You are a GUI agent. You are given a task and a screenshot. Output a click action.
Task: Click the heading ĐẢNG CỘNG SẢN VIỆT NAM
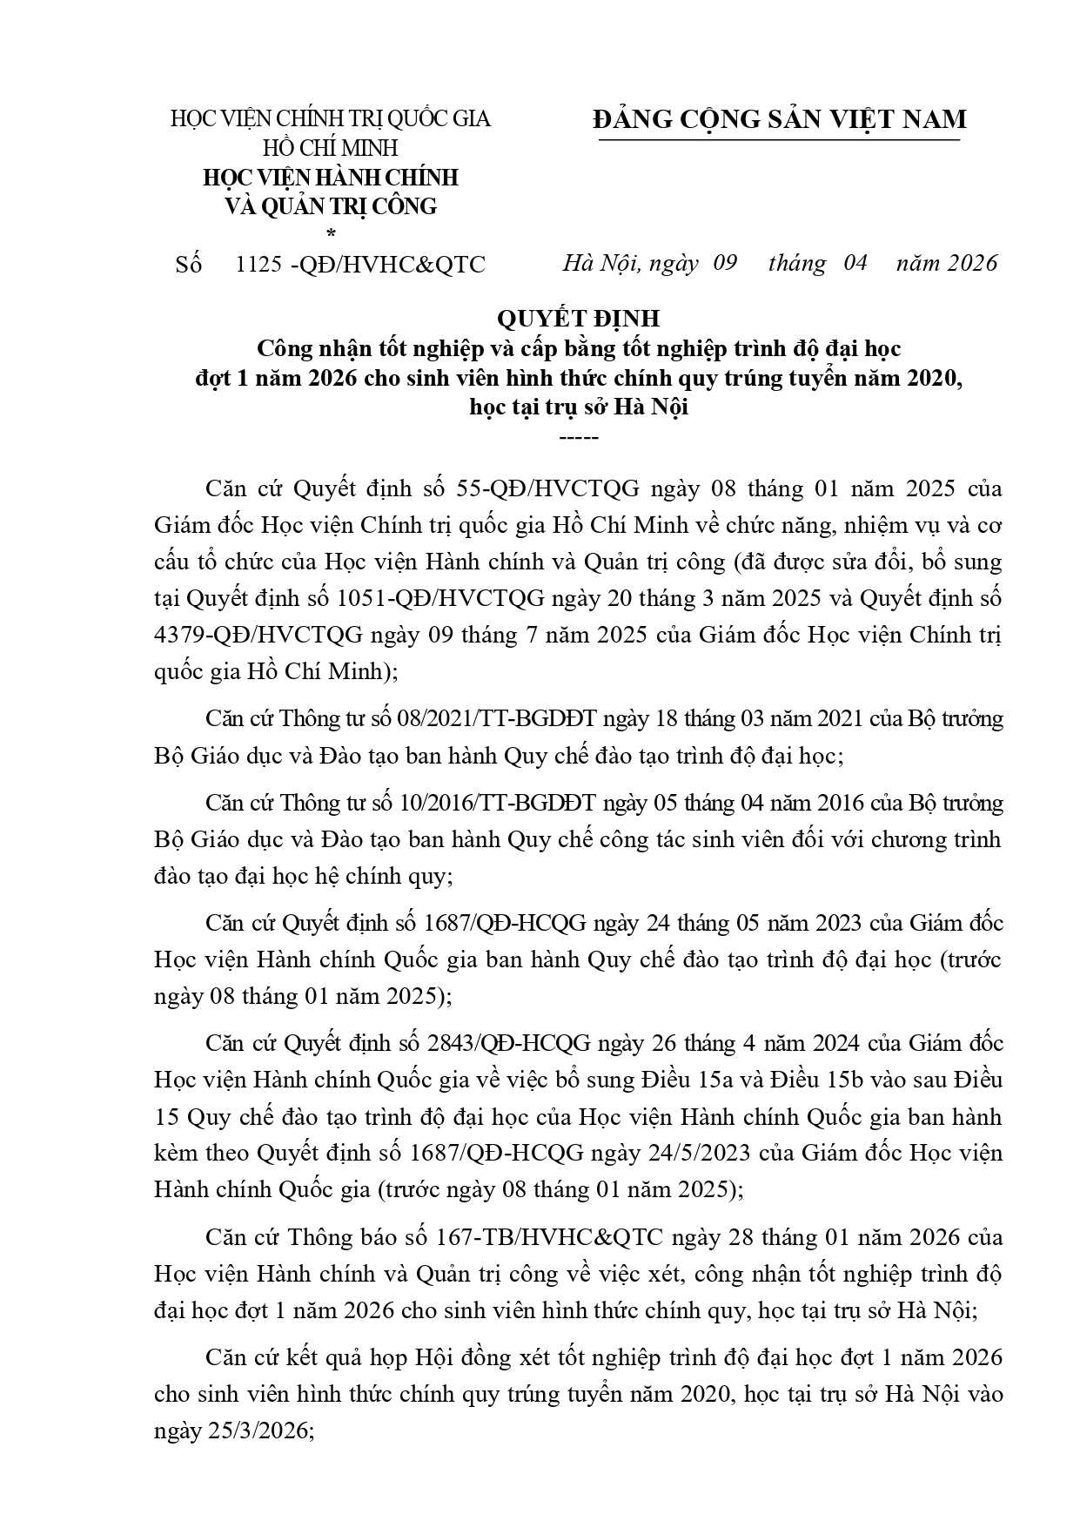pos(780,119)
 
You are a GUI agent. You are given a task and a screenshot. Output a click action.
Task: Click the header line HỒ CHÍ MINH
pos(330,148)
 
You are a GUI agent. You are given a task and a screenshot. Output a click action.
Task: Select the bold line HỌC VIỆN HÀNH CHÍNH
pos(330,178)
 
